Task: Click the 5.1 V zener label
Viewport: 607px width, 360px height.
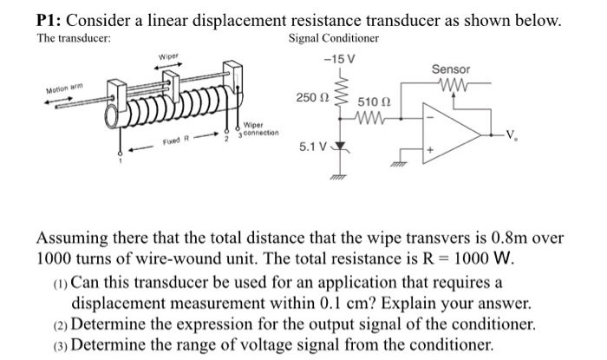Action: pyautogui.click(x=313, y=147)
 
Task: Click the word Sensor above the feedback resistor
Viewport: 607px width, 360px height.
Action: pyautogui.click(x=451, y=69)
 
